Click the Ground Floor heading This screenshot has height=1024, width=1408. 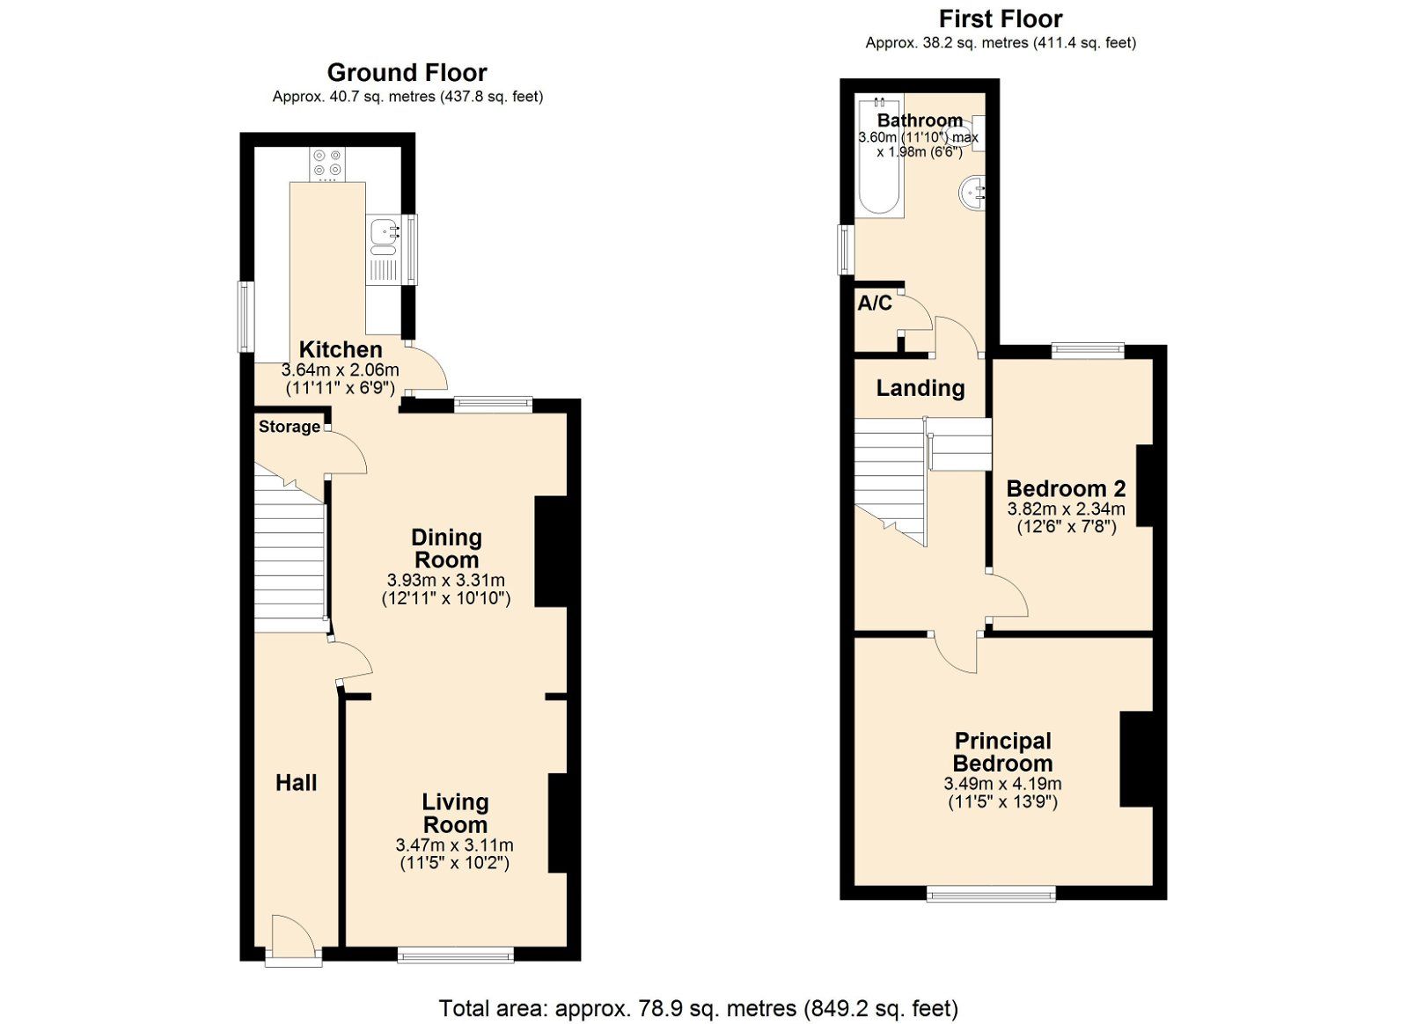pyautogui.click(x=407, y=73)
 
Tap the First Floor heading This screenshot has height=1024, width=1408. pyautogui.click(x=1000, y=19)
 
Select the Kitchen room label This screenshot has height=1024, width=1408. pyautogui.click(x=340, y=349)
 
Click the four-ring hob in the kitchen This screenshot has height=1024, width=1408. pyautogui.click(x=327, y=163)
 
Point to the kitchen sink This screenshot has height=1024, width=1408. pyautogui.click(x=383, y=232)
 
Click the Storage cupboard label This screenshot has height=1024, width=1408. pyautogui.click(x=290, y=427)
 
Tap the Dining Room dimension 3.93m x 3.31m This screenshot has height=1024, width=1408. pyautogui.click(x=445, y=581)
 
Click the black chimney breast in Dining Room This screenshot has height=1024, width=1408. pyautogui.click(x=551, y=552)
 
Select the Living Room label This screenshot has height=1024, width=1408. pyautogui.click(x=455, y=813)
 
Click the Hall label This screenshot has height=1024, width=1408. pyautogui.click(x=296, y=783)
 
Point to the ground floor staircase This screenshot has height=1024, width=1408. pyautogui.click(x=290, y=554)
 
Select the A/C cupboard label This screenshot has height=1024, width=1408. pyautogui.click(x=875, y=304)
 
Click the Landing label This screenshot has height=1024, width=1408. pyautogui.click(x=920, y=388)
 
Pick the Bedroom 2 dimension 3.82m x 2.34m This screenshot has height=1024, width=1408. pyautogui.click(x=1066, y=509)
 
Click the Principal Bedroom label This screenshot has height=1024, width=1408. pyautogui.click(x=1002, y=752)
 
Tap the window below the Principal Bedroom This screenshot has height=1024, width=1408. pyautogui.click(x=991, y=895)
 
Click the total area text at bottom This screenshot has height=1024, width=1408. pyautogui.click(x=698, y=1008)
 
